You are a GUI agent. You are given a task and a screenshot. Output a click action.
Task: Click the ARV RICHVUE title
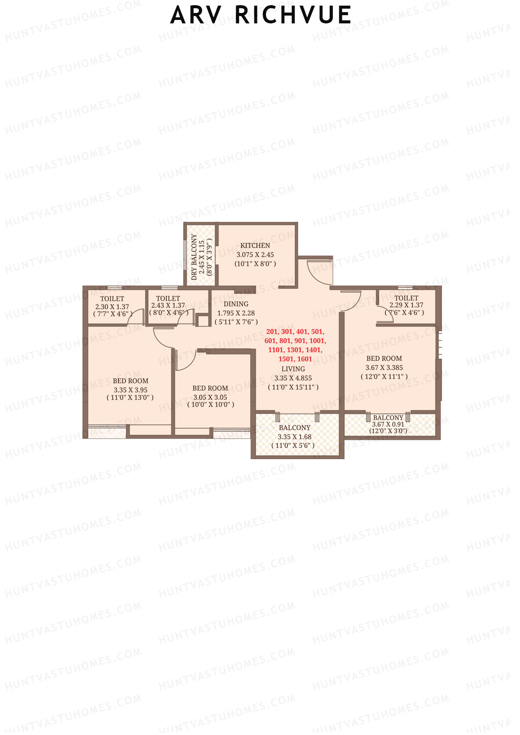click(x=260, y=15)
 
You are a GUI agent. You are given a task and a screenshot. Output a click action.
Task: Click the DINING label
click(x=236, y=304)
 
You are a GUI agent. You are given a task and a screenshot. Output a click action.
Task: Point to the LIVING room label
click(x=293, y=369)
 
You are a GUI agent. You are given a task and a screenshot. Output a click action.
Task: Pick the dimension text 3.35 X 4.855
click(x=293, y=378)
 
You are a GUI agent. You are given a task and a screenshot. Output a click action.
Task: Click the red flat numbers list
click(x=295, y=345)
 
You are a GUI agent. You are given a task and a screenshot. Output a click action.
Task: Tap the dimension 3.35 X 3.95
click(x=130, y=390)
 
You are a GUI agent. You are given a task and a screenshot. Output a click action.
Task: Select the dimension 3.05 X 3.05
click(x=210, y=397)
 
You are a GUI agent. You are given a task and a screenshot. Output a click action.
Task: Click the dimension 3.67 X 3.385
click(x=384, y=368)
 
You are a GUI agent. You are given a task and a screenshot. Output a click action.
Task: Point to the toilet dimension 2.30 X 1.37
click(x=112, y=307)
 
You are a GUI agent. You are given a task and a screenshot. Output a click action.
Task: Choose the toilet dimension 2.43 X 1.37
click(x=168, y=306)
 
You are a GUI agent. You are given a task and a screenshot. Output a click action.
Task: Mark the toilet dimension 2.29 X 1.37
click(x=406, y=305)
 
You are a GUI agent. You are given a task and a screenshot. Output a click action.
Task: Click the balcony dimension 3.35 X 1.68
click(x=295, y=437)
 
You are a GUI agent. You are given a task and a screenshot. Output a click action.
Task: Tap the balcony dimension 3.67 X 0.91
click(x=388, y=424)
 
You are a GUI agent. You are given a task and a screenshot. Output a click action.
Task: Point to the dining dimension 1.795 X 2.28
click(x=236, y=313)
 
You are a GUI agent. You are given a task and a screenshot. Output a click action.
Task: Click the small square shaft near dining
click(x=202, y=321)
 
